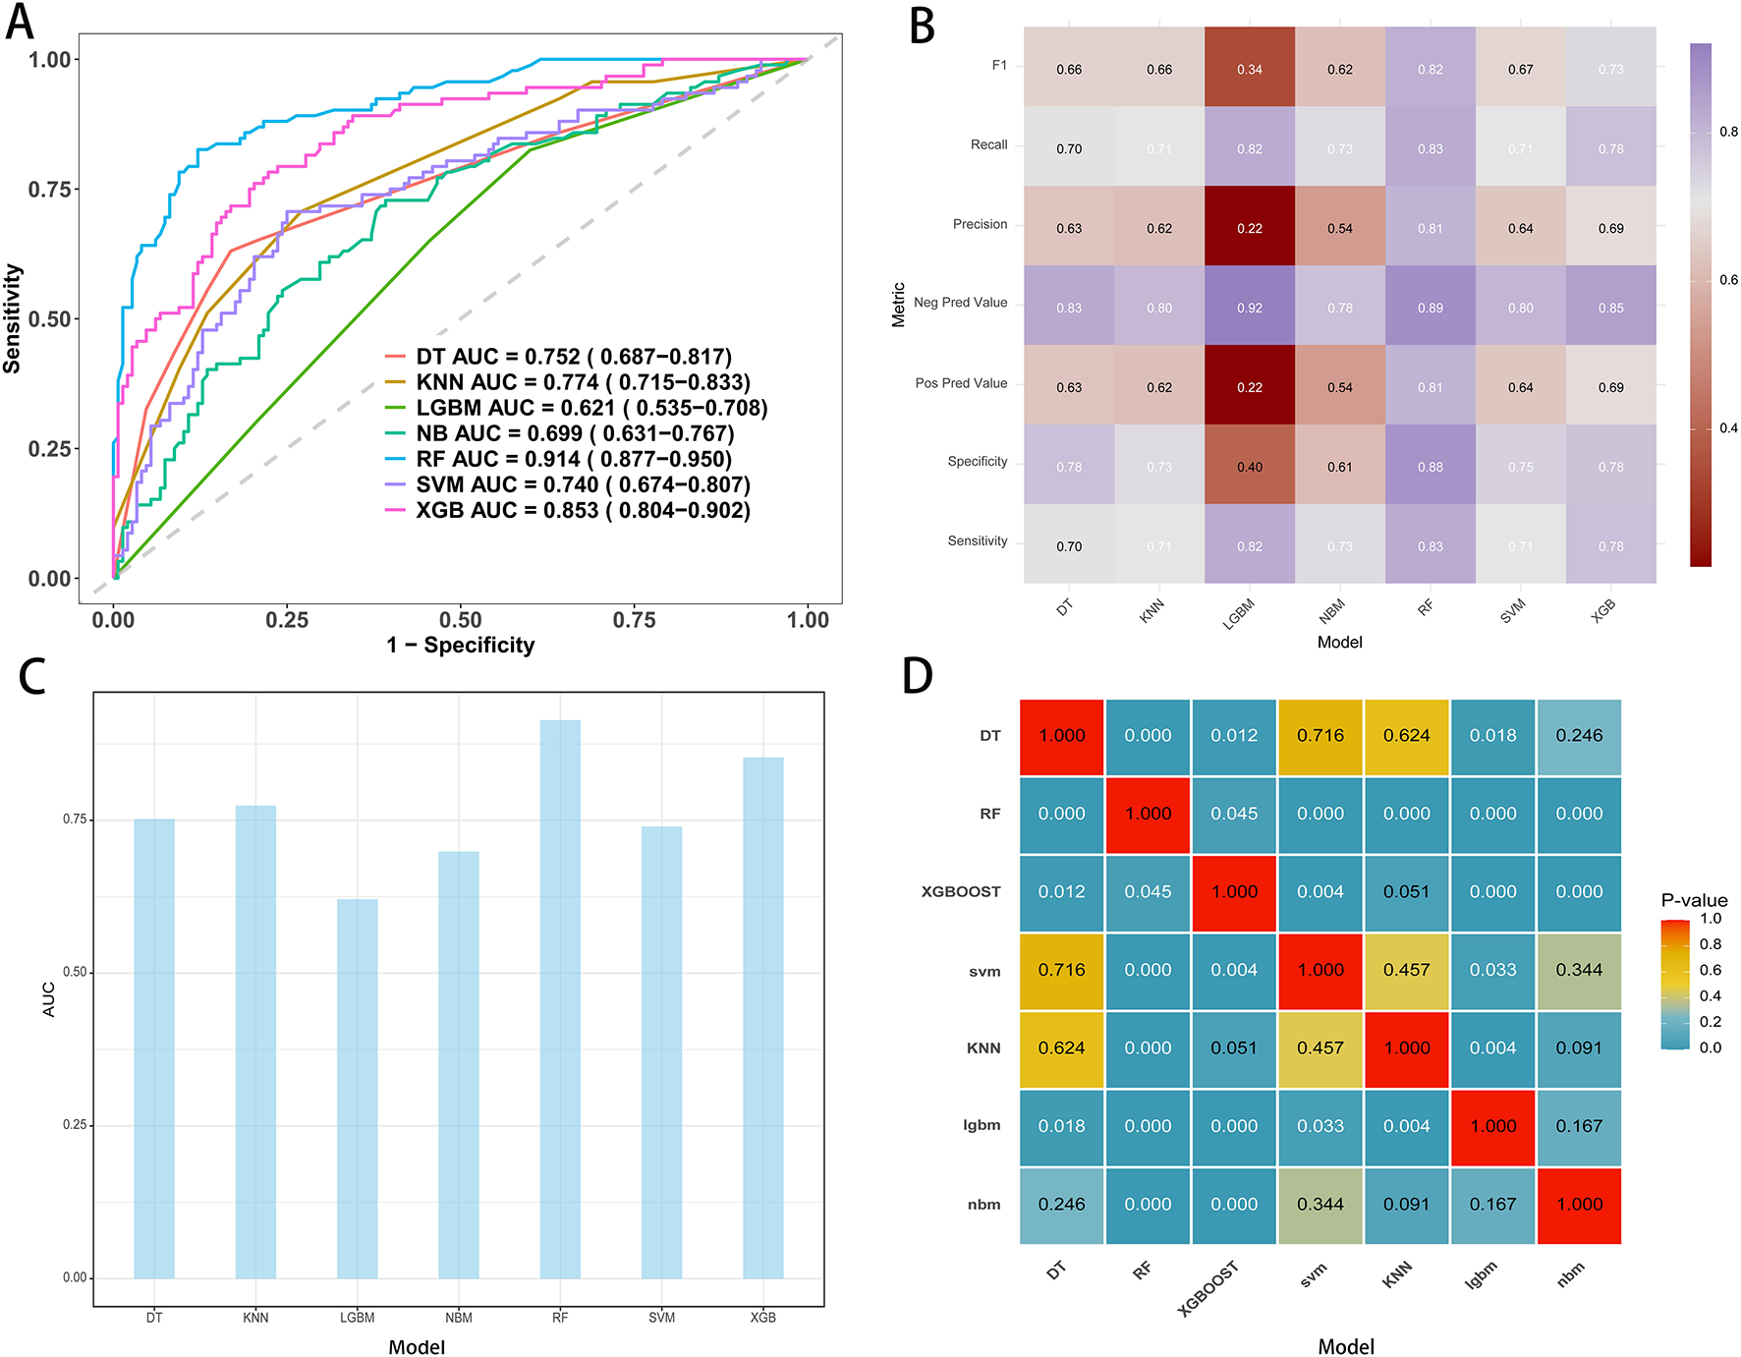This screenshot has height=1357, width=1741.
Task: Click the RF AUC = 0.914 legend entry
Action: point(573,459)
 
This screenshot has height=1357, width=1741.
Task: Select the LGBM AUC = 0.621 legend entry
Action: point(591,408)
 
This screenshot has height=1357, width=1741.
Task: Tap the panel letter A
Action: point(20,22)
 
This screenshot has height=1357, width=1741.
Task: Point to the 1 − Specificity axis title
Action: point(461,646)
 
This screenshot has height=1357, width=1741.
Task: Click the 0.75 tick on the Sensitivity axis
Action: point(50,189)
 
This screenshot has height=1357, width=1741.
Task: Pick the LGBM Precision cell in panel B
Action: point(1250,228)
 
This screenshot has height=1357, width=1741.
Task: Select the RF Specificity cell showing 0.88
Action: point(1431,467)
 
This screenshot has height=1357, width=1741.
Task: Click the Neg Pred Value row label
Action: point(960,303)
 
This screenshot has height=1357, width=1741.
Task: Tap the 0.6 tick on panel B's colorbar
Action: point(1728,280)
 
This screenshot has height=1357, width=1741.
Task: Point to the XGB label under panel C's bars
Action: point(763,1318)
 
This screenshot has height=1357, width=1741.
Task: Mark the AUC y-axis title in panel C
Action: point(49,999)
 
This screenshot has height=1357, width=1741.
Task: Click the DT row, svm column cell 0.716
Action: point(1320,736)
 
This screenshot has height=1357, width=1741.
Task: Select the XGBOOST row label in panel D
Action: point(961,892)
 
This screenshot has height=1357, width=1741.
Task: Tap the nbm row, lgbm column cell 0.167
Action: point(1493,1205)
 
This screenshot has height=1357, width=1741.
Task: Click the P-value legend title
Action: point(1694,900)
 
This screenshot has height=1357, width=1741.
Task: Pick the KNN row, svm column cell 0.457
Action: point(1320,1048)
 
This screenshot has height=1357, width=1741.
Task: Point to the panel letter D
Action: point(918,676)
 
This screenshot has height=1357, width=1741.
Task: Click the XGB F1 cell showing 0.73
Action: point(1611,70)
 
